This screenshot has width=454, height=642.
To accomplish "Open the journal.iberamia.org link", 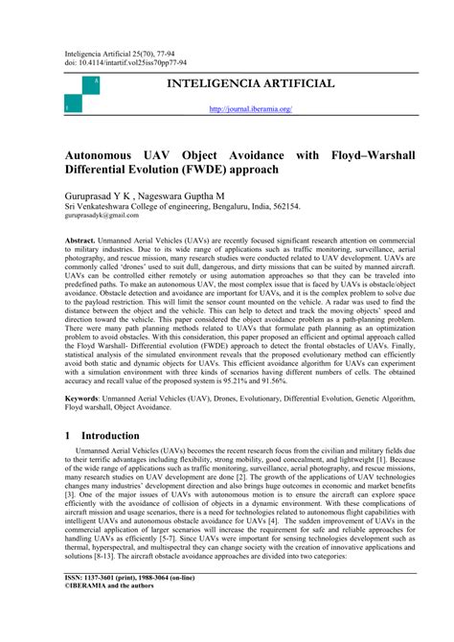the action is (250, 109).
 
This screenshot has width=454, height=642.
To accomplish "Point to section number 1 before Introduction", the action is (68, 435).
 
